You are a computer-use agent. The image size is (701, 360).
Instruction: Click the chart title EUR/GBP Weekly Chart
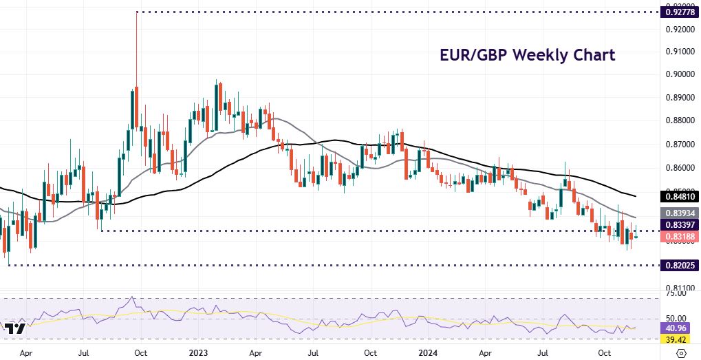pos(527,55)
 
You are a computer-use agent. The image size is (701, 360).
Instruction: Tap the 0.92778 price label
pos(678,12)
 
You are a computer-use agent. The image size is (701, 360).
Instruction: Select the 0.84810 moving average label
pos(678,196)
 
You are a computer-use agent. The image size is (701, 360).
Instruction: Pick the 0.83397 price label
pos(678,225)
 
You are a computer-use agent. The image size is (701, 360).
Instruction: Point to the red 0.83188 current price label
pos(678,236)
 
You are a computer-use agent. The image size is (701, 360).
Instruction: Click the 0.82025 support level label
pos(678,265)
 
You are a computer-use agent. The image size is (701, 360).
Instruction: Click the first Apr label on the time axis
pos(26,352)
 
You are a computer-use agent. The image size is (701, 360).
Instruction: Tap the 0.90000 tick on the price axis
pos(678,74)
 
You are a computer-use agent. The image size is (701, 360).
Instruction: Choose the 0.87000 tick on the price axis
pos(678,145)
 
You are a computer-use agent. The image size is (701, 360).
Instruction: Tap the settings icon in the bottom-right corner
pos(682,352)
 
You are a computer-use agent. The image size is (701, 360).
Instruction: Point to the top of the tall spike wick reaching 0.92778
pos(137,12)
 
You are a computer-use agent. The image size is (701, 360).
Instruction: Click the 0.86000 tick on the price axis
pos(678,168)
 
